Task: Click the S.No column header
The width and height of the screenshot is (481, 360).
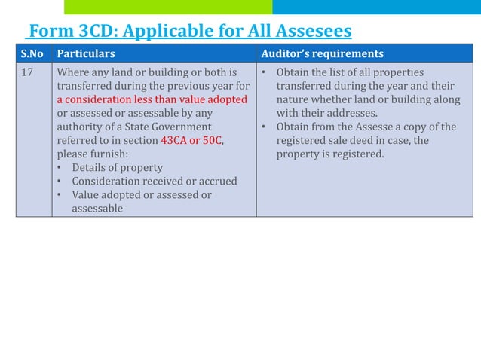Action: point(32,54)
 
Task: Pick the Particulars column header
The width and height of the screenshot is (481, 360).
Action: point(86,54)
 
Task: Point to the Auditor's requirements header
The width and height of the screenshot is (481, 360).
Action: point(322,54)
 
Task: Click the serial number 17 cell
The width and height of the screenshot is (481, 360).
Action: point(28,73)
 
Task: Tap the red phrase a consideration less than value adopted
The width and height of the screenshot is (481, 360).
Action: point(152,100)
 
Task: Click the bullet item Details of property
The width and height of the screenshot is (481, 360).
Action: point(117,168)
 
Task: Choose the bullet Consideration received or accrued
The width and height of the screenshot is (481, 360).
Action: point(155,182)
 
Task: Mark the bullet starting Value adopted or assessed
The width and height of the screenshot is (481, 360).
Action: point(142,195)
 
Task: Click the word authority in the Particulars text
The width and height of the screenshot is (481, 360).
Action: point(81,127)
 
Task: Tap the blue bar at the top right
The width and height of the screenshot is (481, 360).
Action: point(376,7)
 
